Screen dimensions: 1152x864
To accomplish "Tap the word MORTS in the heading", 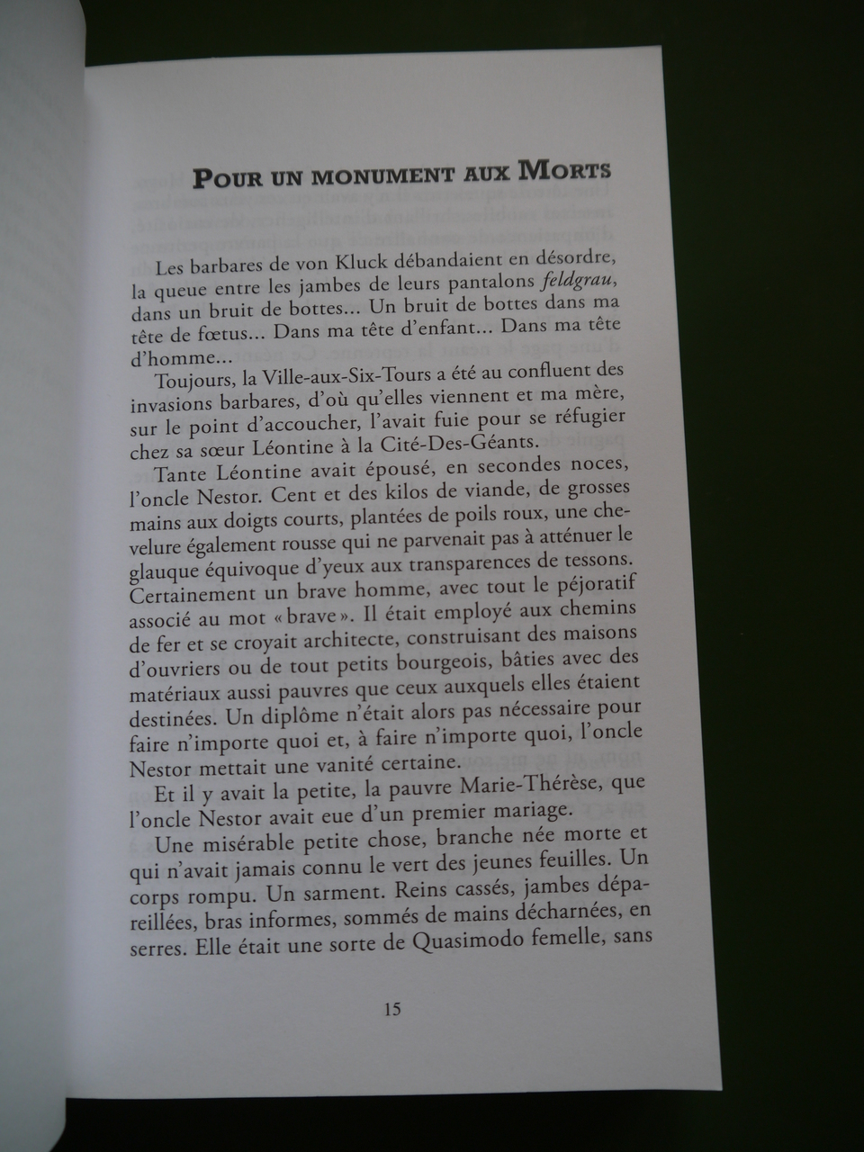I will (567, 170).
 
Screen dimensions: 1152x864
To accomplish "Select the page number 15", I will (392, 1008).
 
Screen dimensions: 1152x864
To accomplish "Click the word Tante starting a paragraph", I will (178, 474).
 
